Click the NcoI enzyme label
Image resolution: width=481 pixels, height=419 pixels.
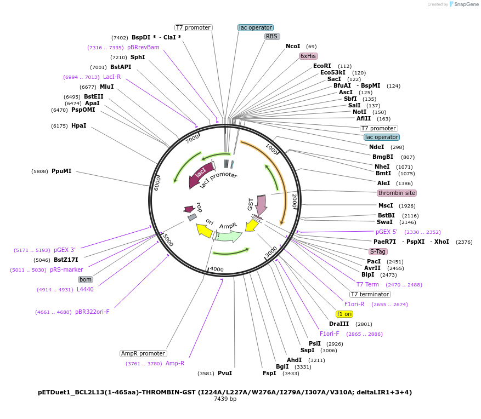coord(293,47)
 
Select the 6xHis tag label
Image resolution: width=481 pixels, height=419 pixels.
coord(308,56)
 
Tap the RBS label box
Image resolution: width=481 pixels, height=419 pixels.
coord(272,37)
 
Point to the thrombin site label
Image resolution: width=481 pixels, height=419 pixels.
coord(397,193)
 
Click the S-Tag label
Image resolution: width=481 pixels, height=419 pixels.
coord(378,251)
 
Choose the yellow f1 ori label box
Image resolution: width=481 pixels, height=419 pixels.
coord(344,314)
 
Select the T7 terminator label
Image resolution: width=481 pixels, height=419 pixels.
coord(370,294)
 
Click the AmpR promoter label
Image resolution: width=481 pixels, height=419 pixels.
coord(143,353)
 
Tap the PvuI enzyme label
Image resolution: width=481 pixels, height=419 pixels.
coord(225,373)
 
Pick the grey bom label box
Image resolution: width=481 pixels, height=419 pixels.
coord(86,279)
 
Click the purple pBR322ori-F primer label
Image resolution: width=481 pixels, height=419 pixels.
coord(92,312)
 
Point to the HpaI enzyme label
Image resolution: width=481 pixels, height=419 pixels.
coord(78,125)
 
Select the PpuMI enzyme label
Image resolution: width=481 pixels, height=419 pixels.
coord(61,171)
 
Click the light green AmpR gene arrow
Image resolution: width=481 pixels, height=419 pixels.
coord(228,236)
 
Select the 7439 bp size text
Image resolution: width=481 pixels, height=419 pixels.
coord(225,399)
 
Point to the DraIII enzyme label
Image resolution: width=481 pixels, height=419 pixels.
coord(339,324)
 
